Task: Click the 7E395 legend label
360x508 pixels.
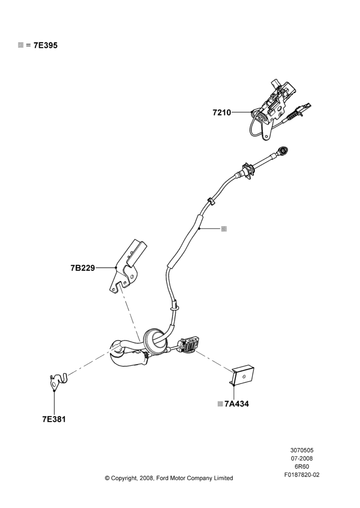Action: point(45,45)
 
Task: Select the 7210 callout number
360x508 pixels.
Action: point(222,112)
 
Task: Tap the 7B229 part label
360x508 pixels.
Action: point(83,268)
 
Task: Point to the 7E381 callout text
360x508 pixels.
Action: point(54,419)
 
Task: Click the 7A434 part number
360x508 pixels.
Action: point(237,404)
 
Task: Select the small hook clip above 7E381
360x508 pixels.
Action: point(58,381)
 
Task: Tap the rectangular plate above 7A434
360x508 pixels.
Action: point(243,376)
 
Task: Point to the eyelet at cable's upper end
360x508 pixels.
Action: point(284,150)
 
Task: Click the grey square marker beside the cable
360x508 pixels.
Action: point(224,229)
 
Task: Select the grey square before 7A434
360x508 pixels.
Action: point(220,404)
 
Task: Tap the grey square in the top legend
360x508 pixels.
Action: point(21,45)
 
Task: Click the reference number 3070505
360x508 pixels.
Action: point(302,450)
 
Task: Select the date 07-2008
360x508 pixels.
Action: point(302,458)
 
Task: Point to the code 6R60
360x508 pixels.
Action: point(302,466)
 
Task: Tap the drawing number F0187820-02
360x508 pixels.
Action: point(302,475)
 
